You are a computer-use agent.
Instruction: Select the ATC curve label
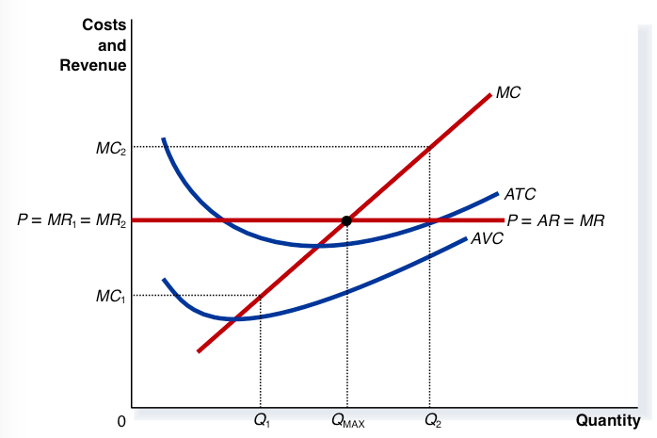click(x=520, y=195)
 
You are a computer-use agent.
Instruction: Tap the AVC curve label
click(x=487, y=238)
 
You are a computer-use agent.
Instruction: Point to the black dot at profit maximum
click(x=346, y=220)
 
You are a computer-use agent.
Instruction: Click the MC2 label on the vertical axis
click(x=110, y=147)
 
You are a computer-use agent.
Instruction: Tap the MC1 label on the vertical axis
click(x=109, y=297)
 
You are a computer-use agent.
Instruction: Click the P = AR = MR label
click(x=555, y=221)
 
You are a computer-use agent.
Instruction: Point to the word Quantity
click(x=608, y=421)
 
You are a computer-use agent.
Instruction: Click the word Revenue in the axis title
click(x=92, y=65)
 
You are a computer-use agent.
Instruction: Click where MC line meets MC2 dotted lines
click(x=430, y=147)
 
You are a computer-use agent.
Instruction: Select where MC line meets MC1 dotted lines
click(x=261, y=296)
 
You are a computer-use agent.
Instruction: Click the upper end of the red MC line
click(x=490, y=93)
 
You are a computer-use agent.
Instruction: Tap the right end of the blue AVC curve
click(x=467, y=238)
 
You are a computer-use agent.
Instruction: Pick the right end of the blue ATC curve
click(x=497, y=193)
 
